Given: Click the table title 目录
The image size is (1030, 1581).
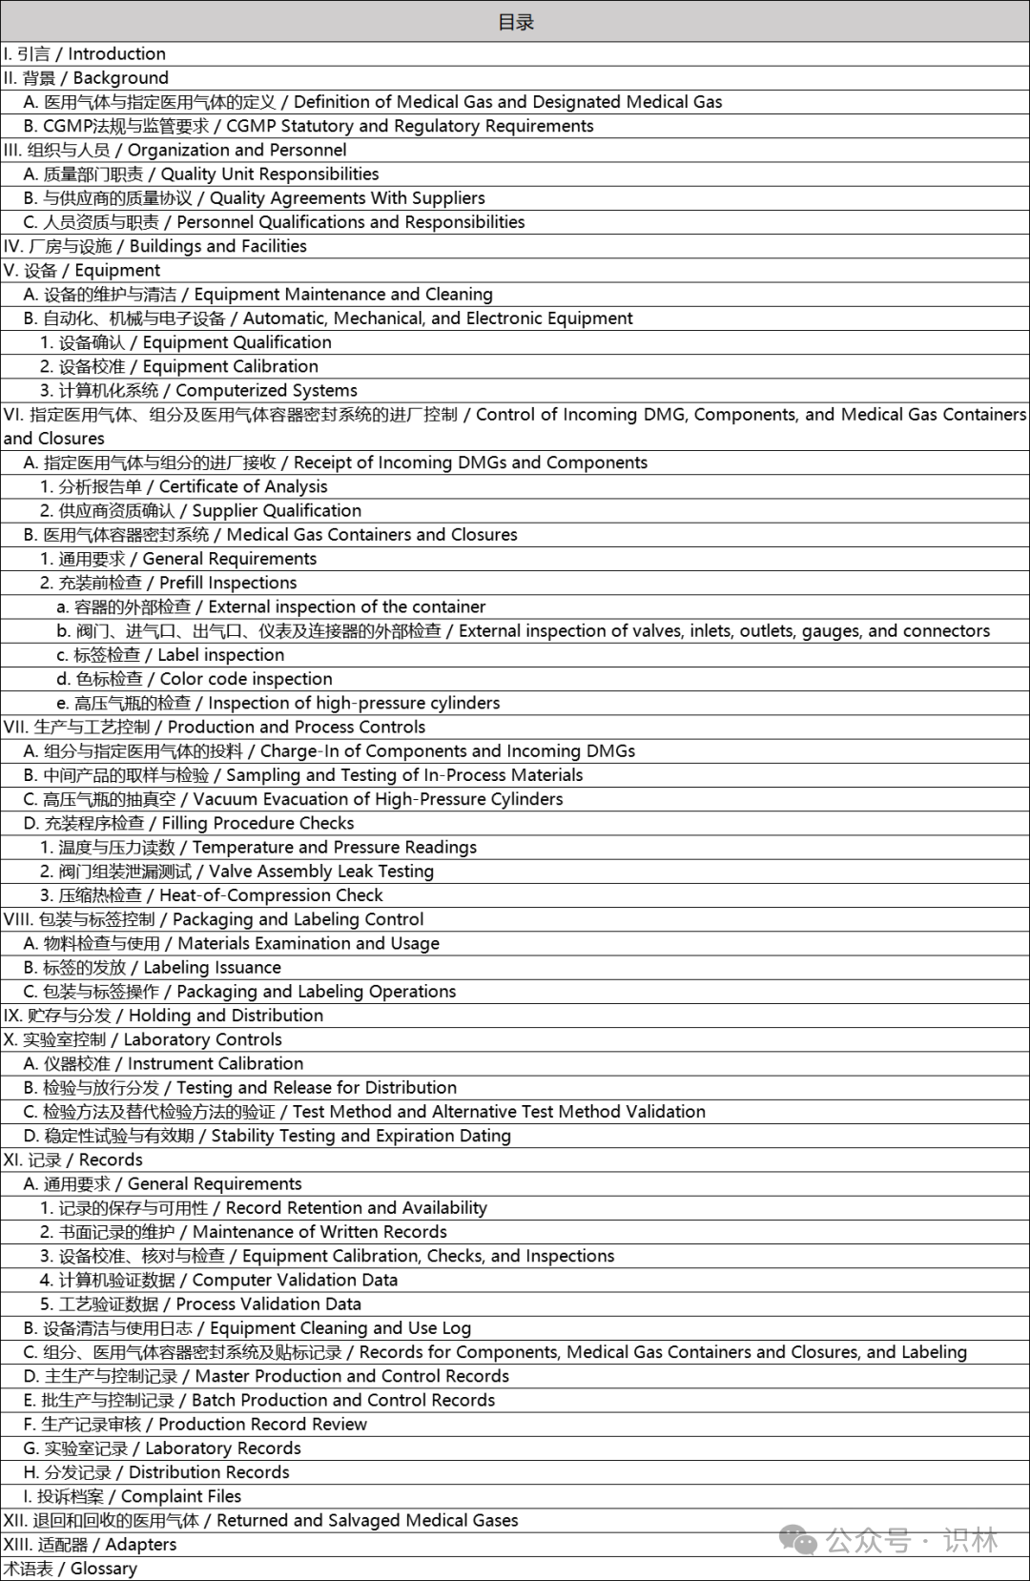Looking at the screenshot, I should pos(515,22).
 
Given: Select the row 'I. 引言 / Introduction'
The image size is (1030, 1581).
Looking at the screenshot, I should pos(85,54).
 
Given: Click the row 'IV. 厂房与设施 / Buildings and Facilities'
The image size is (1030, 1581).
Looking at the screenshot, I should pos(155,246).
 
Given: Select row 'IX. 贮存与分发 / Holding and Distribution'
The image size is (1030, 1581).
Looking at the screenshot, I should pos(163,1016).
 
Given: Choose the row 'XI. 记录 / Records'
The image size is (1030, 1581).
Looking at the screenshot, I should pos(73,1160).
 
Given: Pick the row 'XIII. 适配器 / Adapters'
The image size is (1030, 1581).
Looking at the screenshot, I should pos(90,1544).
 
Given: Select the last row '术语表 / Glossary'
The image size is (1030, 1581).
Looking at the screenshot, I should pos(71,1569).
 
